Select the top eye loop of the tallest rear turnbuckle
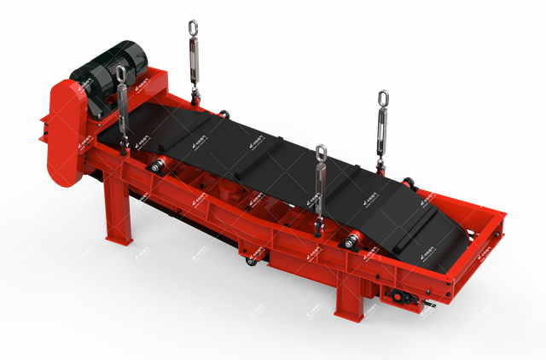coord(194,27)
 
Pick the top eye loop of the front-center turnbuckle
coord(321,154)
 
